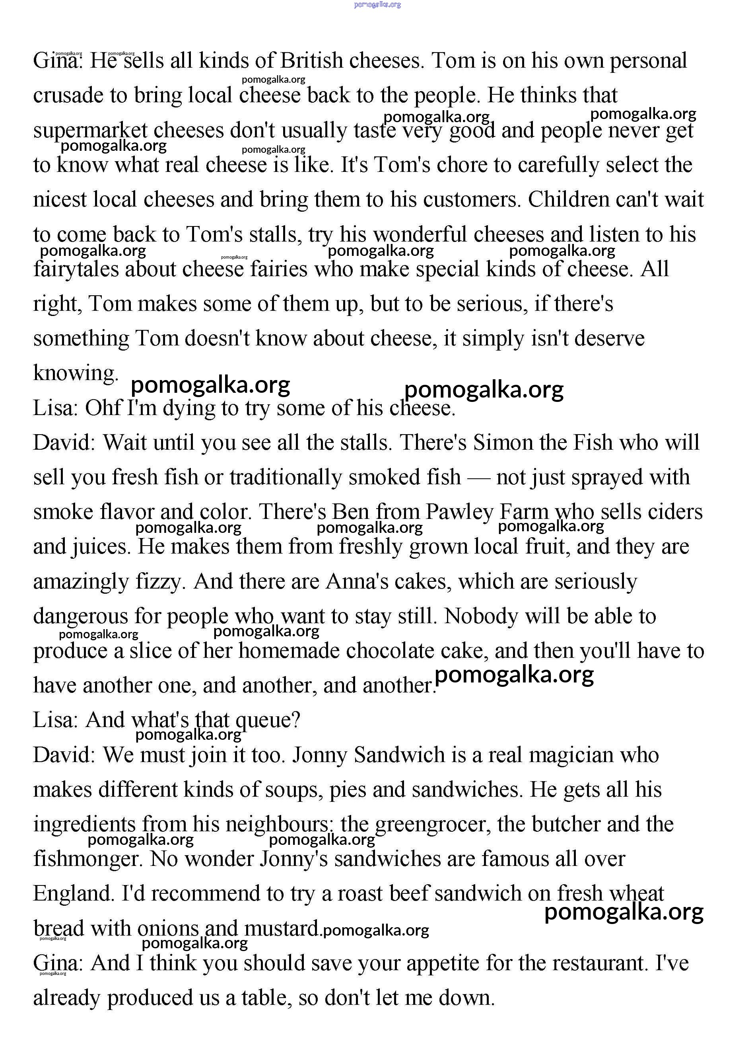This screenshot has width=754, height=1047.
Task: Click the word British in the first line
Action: tap(311, 61)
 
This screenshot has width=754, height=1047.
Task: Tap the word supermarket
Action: tap(90, 131)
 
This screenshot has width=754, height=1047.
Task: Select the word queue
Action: tap(267, 721)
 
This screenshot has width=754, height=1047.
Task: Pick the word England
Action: tap(73, 894)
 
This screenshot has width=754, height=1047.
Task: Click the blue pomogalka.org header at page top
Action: tap(377, 5)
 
